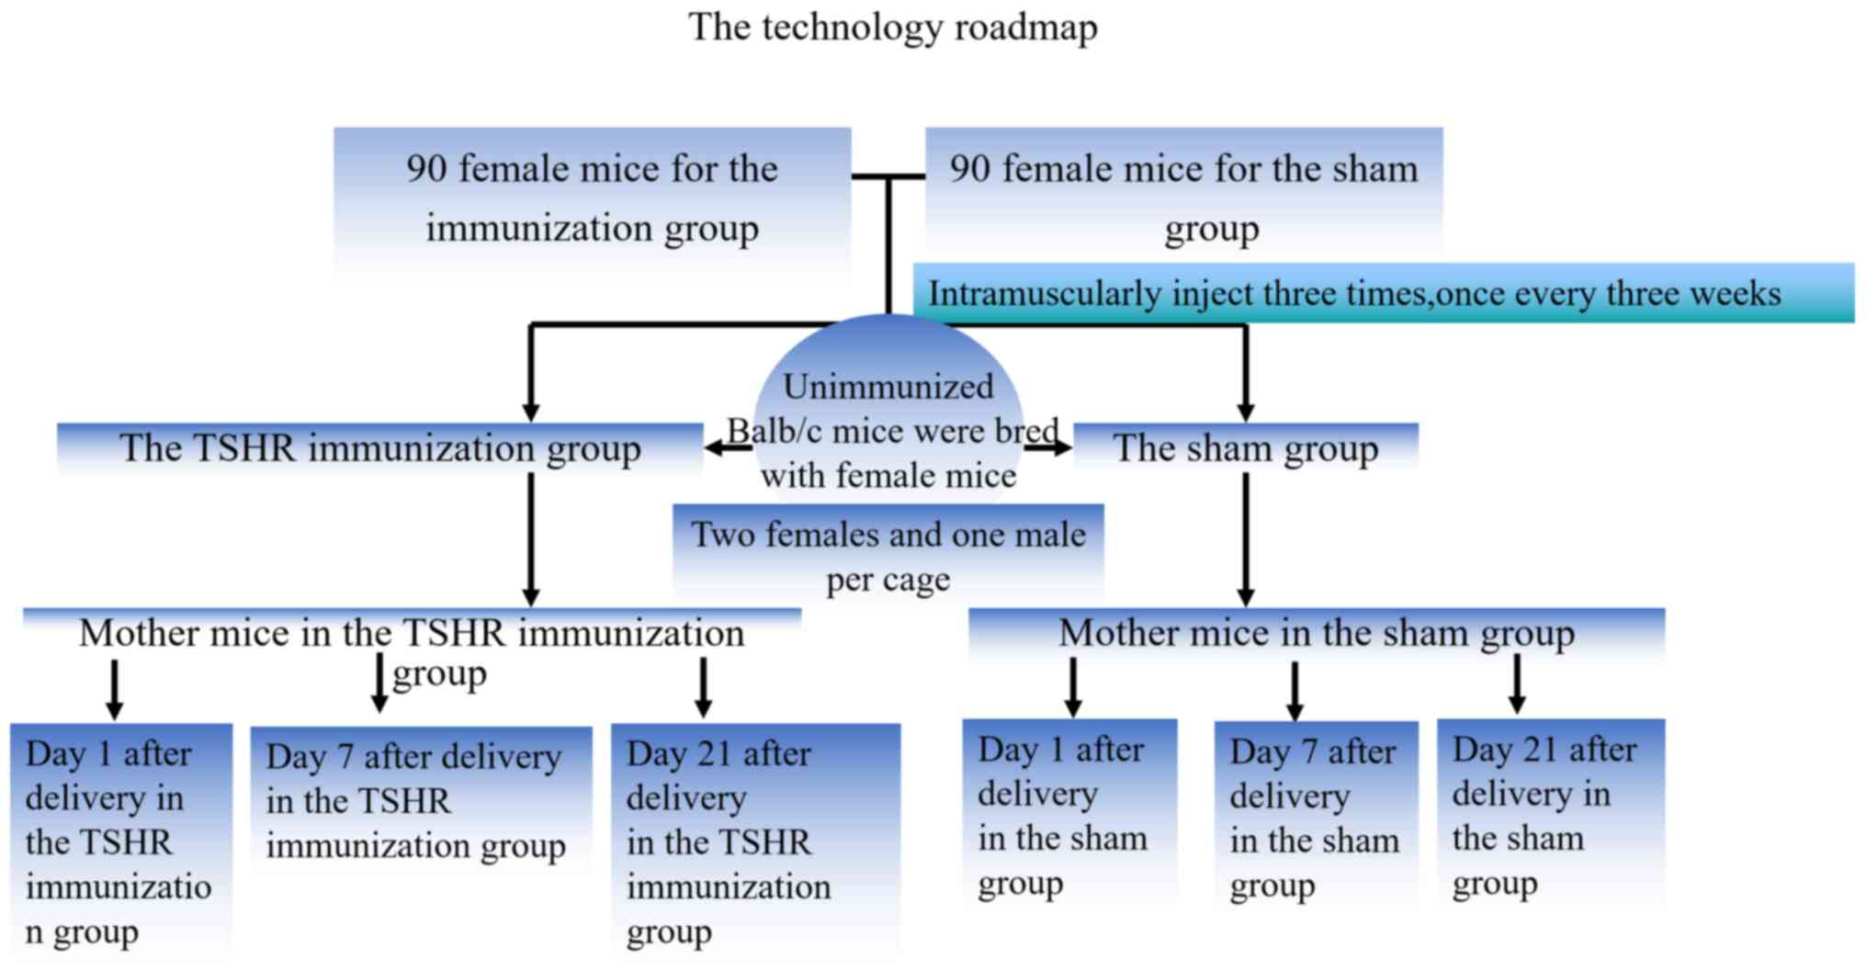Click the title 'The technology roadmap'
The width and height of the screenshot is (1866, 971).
892,28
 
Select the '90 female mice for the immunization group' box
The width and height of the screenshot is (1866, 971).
592,199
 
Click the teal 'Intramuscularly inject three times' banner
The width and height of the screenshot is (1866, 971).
1382,294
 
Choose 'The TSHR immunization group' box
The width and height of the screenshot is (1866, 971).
379,448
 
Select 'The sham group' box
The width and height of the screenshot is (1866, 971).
1245,448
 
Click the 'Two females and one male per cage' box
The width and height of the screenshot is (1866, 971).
888,556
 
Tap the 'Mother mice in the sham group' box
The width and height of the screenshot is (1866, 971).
1316,633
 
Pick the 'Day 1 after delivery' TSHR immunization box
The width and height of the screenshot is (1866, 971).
120,841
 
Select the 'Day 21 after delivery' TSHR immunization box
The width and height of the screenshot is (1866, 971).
754,841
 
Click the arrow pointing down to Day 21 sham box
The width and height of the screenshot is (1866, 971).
1517,683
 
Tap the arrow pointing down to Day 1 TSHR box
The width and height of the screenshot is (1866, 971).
114,689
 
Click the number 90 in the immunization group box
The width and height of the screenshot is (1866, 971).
426,169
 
